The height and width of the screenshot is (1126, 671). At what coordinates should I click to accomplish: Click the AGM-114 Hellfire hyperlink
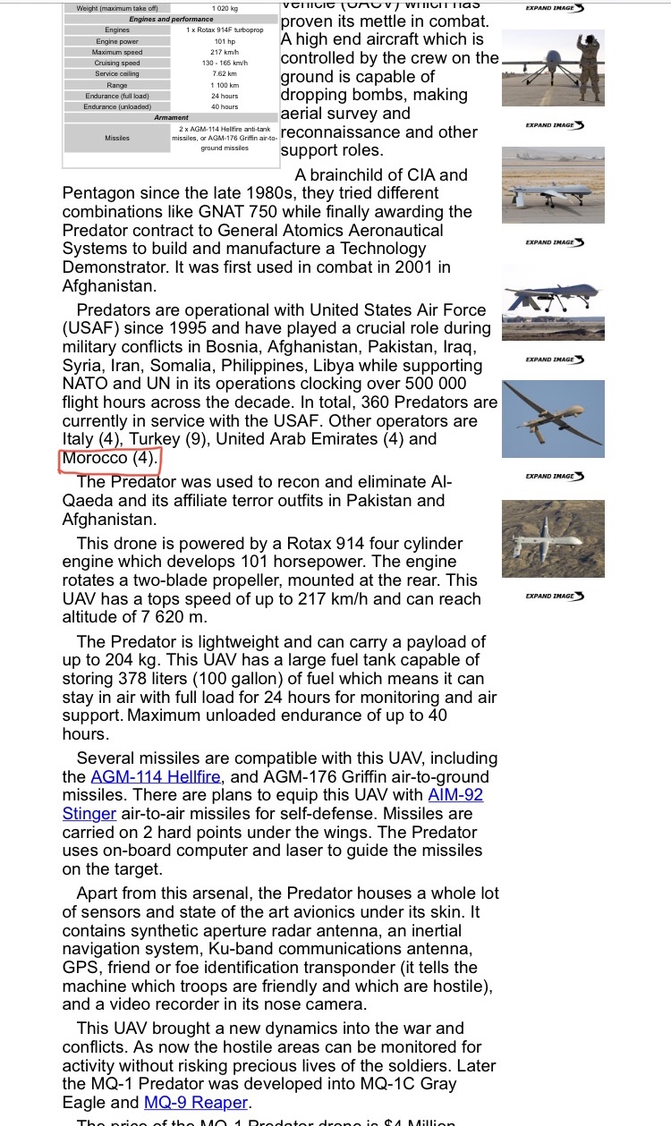pyautogui.click(x=155, y=777)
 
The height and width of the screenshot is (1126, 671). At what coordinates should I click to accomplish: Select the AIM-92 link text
pyautogui.click(x=455, y=795)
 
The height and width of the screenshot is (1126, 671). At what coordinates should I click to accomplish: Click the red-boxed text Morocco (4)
pyautogui.click(x=109, y=458)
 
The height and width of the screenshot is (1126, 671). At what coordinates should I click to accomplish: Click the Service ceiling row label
pyautogui.click(x=117, y=74)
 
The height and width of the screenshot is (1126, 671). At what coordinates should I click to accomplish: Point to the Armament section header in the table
pyautogui.click(x=172, y=117)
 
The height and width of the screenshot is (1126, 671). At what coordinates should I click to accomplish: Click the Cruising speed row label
pyautogui.click(x=117, y=63)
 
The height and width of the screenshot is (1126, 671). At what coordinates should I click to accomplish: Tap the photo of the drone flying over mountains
pyautogui.click(x=553, y=538)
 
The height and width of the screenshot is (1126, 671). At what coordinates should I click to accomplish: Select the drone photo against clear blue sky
pyautogui.click(x=553, y=418)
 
